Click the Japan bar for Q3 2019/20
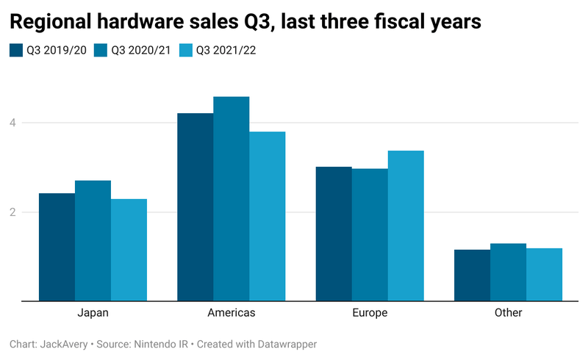coord(57,247)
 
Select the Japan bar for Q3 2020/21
coord(93,240)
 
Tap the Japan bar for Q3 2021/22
coord(129,250)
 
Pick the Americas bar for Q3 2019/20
coord(196,207)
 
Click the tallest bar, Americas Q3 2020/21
coord(232,198)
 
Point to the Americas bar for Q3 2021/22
coord(268,216)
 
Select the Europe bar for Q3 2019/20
coord(334,234)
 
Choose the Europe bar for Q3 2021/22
coord(406,226)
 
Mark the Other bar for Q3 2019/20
coord(472,276)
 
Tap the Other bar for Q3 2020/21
coord(508,272)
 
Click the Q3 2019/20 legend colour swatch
coord(16,51)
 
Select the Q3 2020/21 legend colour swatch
coord(101,51)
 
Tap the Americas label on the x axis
coord(232,313)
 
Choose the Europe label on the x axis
coord(370,313)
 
